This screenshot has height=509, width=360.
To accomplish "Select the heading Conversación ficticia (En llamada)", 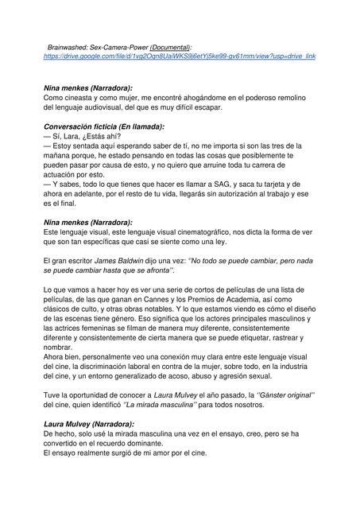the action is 104,126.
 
